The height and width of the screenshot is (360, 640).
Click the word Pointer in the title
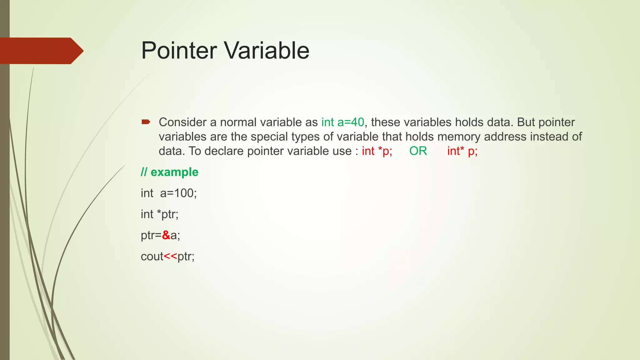coord(179,51)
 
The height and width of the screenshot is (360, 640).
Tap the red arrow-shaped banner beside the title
coord(41,51)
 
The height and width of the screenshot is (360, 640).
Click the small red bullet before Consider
coord(146,122)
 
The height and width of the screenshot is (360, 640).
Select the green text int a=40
coord(342,122)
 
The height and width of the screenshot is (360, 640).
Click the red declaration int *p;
coord(377,151)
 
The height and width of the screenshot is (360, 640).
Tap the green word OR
coord(418,151)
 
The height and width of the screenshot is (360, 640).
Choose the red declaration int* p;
coord(462,151)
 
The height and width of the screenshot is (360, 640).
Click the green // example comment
coord(169,172)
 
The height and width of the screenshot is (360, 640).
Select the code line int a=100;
coord(169,193)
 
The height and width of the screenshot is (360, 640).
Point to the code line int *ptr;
coord(159,214)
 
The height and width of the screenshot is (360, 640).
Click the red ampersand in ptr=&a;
coord(166,235)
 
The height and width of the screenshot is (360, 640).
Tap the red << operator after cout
coord(170,257)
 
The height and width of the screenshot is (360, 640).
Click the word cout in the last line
coord(152,257)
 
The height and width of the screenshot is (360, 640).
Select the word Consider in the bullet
coord(182,122)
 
